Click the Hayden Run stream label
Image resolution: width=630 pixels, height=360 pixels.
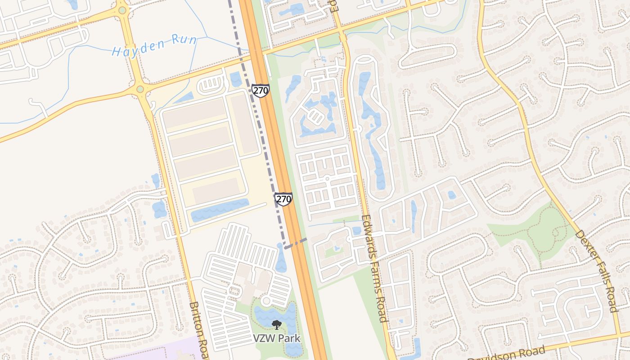click(154, 45)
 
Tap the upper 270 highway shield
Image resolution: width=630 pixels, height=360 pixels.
click(260, 90)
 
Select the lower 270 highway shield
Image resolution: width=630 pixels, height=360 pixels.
click(283, 198)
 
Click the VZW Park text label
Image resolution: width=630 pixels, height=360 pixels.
click(276, 338)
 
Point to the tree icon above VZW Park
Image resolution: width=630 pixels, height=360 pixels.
click(276, 324)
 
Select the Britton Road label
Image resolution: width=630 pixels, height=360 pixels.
click(198, 330)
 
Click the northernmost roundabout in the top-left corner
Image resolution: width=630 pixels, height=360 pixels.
click(121, 10)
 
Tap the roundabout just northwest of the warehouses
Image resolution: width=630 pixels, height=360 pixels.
click(140, 90)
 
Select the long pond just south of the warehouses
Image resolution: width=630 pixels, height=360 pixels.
click(220, 210)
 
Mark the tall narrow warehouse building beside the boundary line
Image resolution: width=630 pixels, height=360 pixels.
click(244, 124)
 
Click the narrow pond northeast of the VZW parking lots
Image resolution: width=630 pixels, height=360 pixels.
click(281, 260)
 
